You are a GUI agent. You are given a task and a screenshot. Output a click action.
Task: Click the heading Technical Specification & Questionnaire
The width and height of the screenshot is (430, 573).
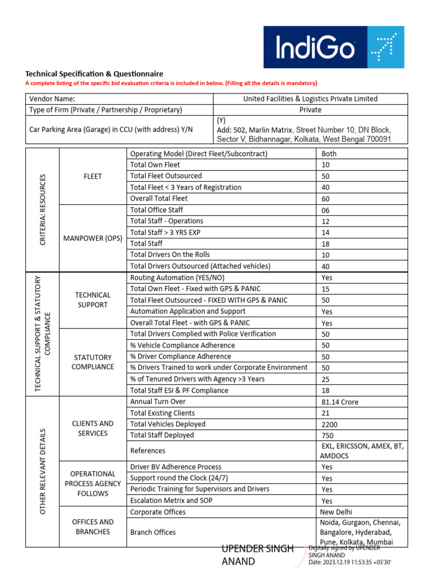(94, 74)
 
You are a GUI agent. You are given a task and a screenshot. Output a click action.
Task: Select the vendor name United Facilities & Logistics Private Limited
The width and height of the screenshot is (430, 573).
(310, 99)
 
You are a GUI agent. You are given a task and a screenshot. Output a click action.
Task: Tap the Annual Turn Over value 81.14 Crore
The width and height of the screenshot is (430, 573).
(340, 402)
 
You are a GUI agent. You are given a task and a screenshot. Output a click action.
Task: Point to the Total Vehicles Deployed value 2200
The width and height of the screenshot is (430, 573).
(330, 425)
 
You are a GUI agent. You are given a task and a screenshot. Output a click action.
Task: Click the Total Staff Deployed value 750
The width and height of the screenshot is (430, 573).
(328, 436)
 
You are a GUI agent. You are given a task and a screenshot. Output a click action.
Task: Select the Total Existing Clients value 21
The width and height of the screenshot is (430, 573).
(326, 414)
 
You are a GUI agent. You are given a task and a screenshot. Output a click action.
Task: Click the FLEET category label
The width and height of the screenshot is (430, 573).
(93, 176)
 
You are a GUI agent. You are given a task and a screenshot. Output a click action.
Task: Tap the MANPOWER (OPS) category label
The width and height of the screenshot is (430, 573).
(93, 238)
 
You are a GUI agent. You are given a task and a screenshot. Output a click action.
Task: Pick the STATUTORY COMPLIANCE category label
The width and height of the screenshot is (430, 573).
(93, 362)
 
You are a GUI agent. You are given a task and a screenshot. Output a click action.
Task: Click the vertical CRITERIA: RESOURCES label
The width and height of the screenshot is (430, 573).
(42, 210)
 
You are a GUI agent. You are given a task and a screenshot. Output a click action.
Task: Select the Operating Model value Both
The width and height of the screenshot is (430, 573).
(329, 154)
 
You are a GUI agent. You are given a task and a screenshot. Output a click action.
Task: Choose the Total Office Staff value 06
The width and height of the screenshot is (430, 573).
(326, 210)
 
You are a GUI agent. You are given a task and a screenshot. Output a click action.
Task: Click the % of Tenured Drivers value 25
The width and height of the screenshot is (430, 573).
(326, 379)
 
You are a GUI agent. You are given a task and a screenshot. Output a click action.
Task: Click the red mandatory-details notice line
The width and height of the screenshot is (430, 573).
(171, 83)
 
